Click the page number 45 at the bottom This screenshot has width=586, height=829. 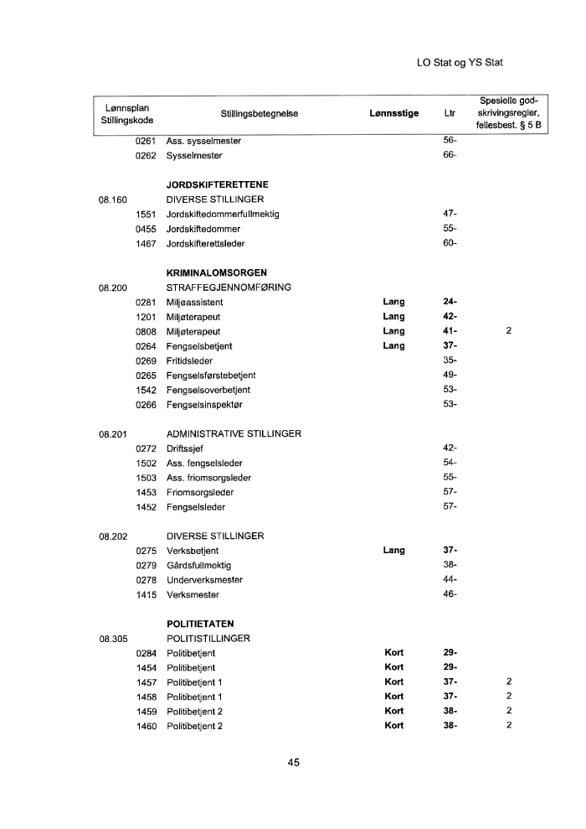pos(293,762)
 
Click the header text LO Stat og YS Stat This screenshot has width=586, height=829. pos(459,63)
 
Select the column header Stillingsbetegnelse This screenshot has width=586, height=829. pos(259,114)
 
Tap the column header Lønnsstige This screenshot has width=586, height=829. pos(393,114)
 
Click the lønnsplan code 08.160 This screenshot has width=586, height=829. pos(111,199)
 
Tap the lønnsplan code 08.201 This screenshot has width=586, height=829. pos(111,434)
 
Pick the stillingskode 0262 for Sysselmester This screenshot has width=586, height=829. pos(146,156)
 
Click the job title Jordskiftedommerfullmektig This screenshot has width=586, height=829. pos(222,214)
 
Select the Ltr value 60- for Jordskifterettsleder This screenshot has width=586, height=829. pos(449,243)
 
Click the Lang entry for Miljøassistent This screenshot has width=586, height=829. pos(393,302)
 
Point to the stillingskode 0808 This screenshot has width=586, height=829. pos(146,331)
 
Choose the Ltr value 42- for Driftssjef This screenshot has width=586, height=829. pos(449,448)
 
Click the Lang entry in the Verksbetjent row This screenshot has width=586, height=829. pos(393,551)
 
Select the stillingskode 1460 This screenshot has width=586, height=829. pos(146,726)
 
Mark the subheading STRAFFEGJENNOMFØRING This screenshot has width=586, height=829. pos(229,288)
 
